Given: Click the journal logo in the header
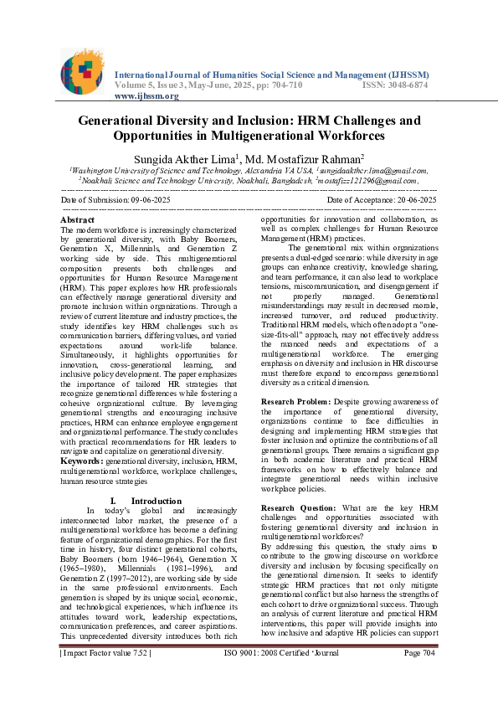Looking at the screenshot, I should tap(84, 71).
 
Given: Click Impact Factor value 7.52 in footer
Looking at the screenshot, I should tap(105, 677).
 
